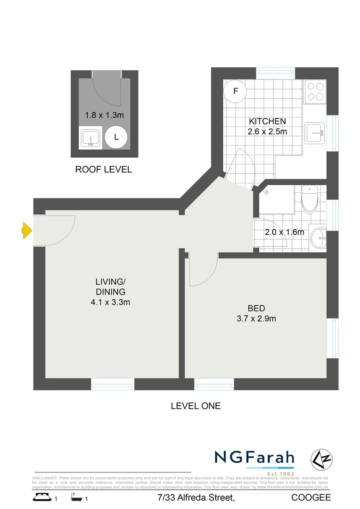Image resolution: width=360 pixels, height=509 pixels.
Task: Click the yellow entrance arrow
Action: [27, 230]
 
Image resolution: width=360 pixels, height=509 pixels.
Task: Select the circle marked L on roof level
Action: [116, 137]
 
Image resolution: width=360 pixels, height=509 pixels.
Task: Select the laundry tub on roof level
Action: [90, 138]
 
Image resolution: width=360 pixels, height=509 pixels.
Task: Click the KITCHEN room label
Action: [267, 122]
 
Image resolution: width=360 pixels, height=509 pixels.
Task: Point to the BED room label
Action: [256, 308]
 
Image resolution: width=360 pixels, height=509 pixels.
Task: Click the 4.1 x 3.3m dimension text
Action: [110, 302]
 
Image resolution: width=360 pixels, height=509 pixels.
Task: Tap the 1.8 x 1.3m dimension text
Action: [104, 115]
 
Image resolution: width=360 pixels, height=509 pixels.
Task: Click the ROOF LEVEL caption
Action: [104, 170]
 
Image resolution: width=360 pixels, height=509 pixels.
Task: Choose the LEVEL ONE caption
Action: [195, 405]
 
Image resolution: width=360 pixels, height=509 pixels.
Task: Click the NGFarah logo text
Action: [254, 458]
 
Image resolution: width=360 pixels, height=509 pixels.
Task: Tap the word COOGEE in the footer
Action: [311, 498]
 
